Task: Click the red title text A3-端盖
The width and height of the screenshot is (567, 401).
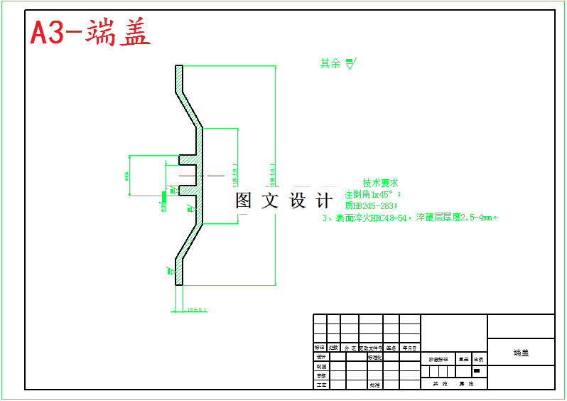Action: tap(90, 32)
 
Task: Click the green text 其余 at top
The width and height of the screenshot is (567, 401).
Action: tap(330, 63)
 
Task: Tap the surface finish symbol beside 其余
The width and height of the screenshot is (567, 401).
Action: tap(350, 63)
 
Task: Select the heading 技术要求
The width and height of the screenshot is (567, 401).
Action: tap(380, 183)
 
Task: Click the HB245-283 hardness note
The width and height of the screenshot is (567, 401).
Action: tap(372, 205)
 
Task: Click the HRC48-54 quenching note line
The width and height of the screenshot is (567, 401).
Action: tap(409, 218)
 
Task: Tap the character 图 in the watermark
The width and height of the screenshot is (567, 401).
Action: tap(244, 200)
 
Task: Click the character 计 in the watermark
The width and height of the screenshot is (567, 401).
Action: tap(325, 200)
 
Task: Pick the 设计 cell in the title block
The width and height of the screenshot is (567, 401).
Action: tap(320, 357)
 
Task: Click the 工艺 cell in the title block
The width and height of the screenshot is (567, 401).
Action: tap(320, 385)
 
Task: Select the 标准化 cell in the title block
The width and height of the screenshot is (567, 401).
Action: tap(375, 357)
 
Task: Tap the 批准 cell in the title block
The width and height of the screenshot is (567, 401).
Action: tap(374, 385)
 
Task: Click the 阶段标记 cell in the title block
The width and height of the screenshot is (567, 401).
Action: tap(438, 360)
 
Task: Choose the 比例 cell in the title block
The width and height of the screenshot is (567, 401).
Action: tap(479, 360)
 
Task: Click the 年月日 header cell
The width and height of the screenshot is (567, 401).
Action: tap(410, 348)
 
